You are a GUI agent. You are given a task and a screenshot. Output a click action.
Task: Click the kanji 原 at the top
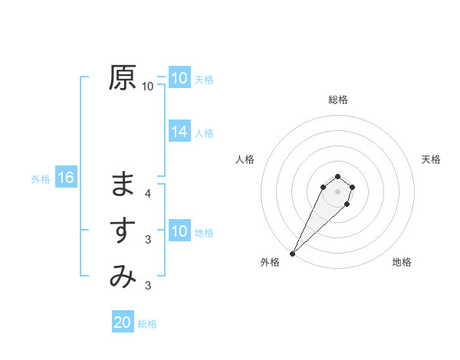123,77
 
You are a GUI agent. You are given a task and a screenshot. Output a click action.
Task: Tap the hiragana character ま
123,185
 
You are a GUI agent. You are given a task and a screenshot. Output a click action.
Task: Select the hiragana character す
123,231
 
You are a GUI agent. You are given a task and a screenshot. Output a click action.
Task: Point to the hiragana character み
123,277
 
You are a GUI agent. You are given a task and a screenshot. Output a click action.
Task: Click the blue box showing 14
179,132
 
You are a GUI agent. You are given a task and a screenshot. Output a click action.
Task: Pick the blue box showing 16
66,178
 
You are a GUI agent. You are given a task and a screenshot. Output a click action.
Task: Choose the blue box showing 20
123,322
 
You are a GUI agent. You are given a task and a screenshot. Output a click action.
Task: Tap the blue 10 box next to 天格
179,78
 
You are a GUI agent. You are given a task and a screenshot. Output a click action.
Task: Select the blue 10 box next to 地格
179,231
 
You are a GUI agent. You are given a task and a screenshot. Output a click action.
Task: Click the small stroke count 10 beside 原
148,87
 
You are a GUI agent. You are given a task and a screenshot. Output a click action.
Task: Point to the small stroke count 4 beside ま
148,194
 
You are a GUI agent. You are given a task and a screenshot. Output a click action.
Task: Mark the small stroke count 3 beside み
148,286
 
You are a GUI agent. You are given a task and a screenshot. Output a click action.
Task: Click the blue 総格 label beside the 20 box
147,324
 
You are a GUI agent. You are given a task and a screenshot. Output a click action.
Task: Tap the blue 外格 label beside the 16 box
41,179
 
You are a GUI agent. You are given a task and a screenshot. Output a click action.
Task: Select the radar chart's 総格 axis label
337,100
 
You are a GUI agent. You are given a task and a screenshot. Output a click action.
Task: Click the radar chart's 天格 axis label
431,159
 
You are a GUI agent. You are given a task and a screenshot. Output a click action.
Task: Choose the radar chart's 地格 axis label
402,262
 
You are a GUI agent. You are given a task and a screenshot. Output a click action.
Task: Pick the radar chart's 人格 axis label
245,159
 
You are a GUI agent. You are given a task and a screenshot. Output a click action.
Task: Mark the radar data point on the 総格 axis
337,177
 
